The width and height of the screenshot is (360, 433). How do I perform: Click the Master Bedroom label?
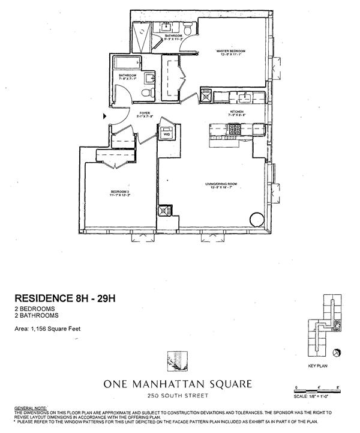tap(228, 52)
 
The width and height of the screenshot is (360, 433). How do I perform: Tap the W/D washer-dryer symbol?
tap(166, 133)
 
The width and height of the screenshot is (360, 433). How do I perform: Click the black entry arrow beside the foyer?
tap(106, 116)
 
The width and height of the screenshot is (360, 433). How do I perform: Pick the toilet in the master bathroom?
tap(187, 29)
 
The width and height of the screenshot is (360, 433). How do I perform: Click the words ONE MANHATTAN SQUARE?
tap(178, 383)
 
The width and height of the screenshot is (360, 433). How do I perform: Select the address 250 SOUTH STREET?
tap(178, 395)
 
